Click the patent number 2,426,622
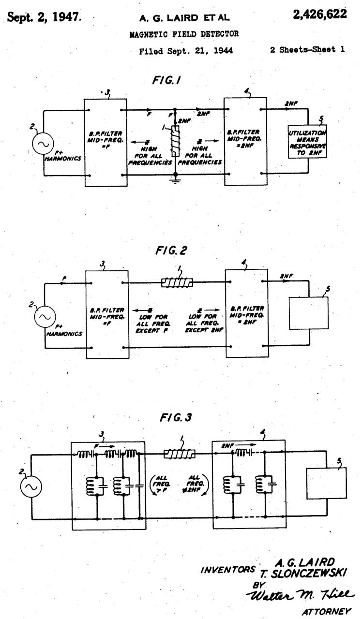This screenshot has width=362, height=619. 319,15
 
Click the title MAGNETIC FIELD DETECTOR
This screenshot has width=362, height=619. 184,34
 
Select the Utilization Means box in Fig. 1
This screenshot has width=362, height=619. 307,144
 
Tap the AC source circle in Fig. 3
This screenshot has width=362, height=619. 31,486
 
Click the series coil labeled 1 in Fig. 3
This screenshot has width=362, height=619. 179,454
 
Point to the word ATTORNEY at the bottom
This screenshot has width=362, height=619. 326,611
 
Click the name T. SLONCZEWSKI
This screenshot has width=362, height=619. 303,573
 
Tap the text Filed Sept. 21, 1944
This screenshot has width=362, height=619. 186,50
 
